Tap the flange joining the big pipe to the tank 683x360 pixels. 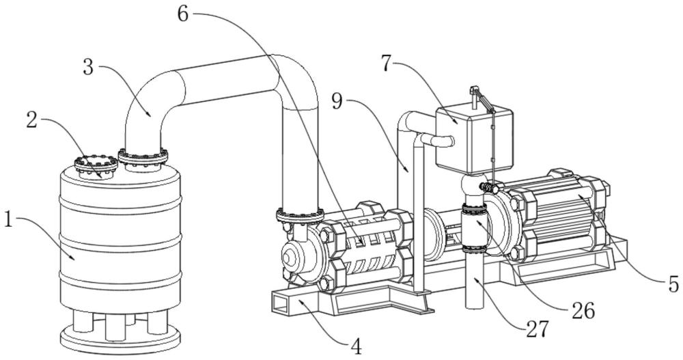pyautogui.click(x=142, y=157)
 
